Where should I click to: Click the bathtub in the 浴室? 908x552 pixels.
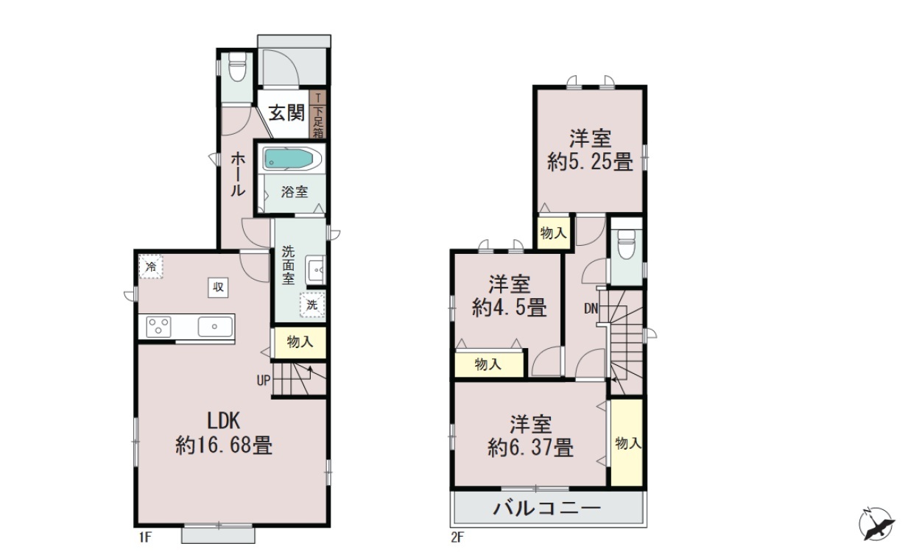(292, 159)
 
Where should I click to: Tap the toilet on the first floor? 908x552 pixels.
(237, 66)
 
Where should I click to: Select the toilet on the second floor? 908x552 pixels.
(626, 243)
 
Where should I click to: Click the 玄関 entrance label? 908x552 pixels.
(286, 113)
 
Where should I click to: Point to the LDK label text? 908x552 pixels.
(224, 421)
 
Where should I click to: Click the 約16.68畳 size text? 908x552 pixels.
(224, 446)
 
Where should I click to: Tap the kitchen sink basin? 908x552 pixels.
(215, 327)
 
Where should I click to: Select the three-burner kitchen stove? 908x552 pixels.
(158, 327)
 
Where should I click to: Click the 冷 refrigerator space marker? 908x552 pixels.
(151, 266)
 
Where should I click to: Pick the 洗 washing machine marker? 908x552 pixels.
(312, 305)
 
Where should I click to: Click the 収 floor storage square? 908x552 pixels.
(218, 288)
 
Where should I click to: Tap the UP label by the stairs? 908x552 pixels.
(264, 381)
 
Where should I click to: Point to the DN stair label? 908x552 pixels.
(591, 309)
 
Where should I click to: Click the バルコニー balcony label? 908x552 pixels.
(547, 509)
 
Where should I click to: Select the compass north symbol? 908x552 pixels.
(877, 524)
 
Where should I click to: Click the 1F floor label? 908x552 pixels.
(145, 538)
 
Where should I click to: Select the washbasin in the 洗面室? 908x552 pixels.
(315, 269)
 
